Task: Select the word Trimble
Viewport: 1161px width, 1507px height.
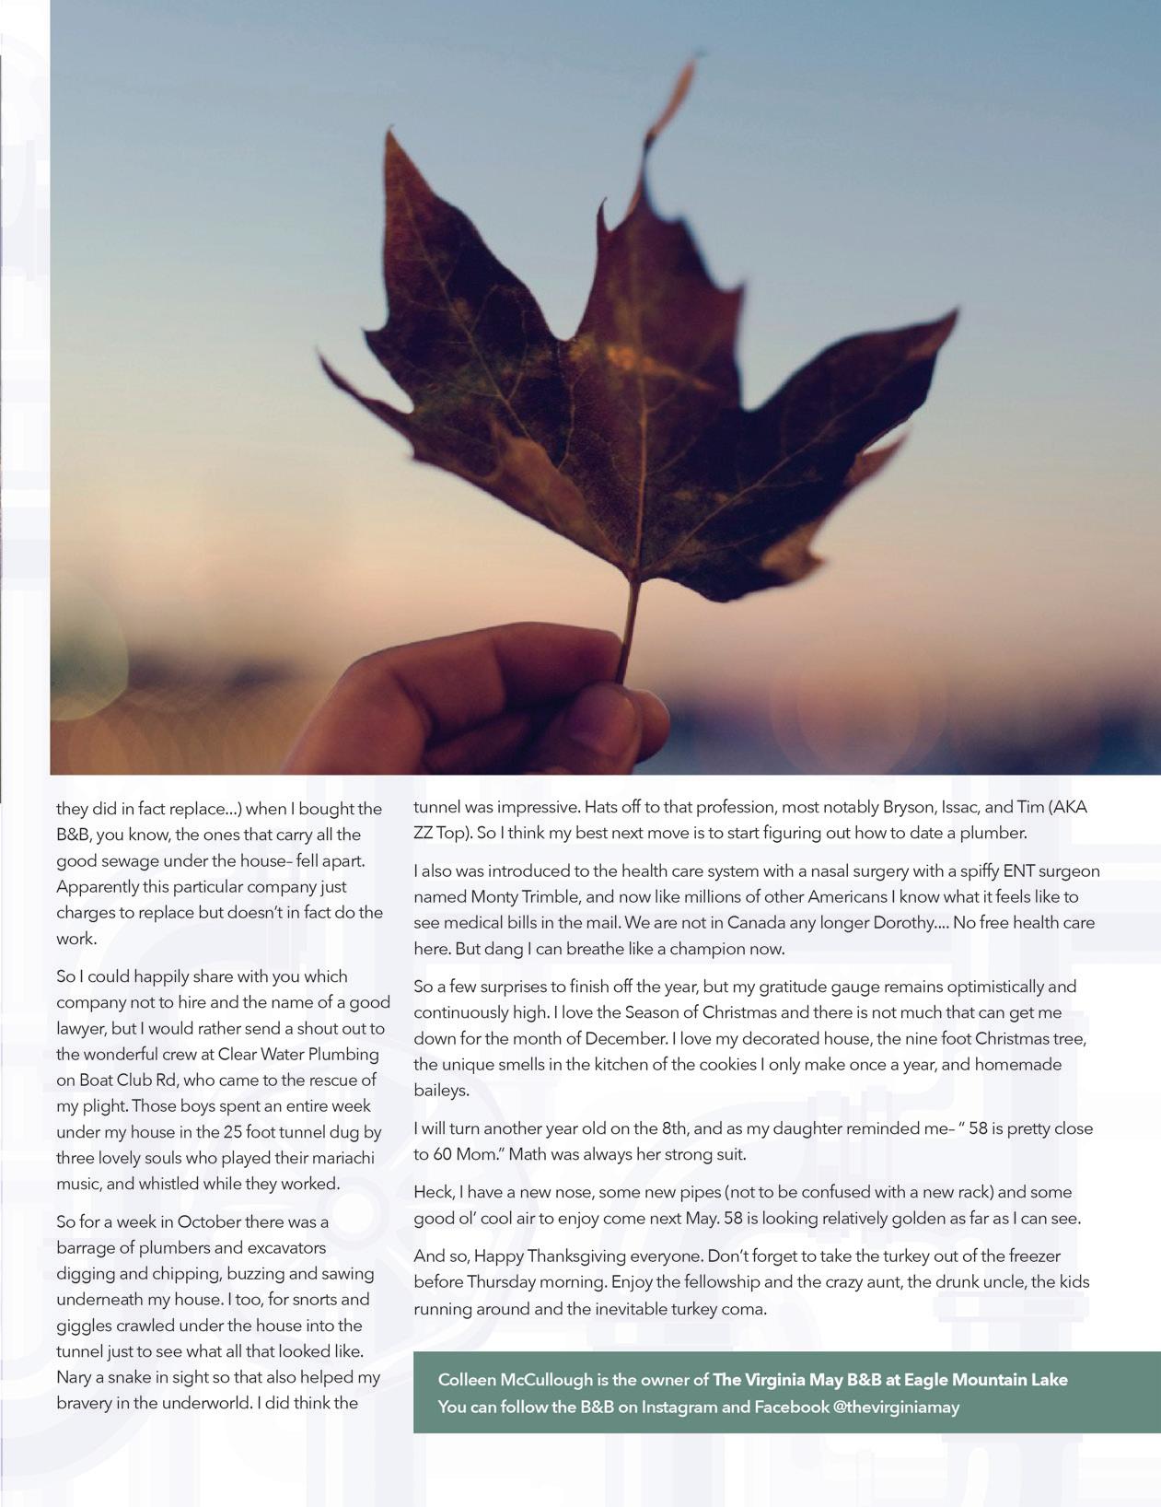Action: tap(560, 896)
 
